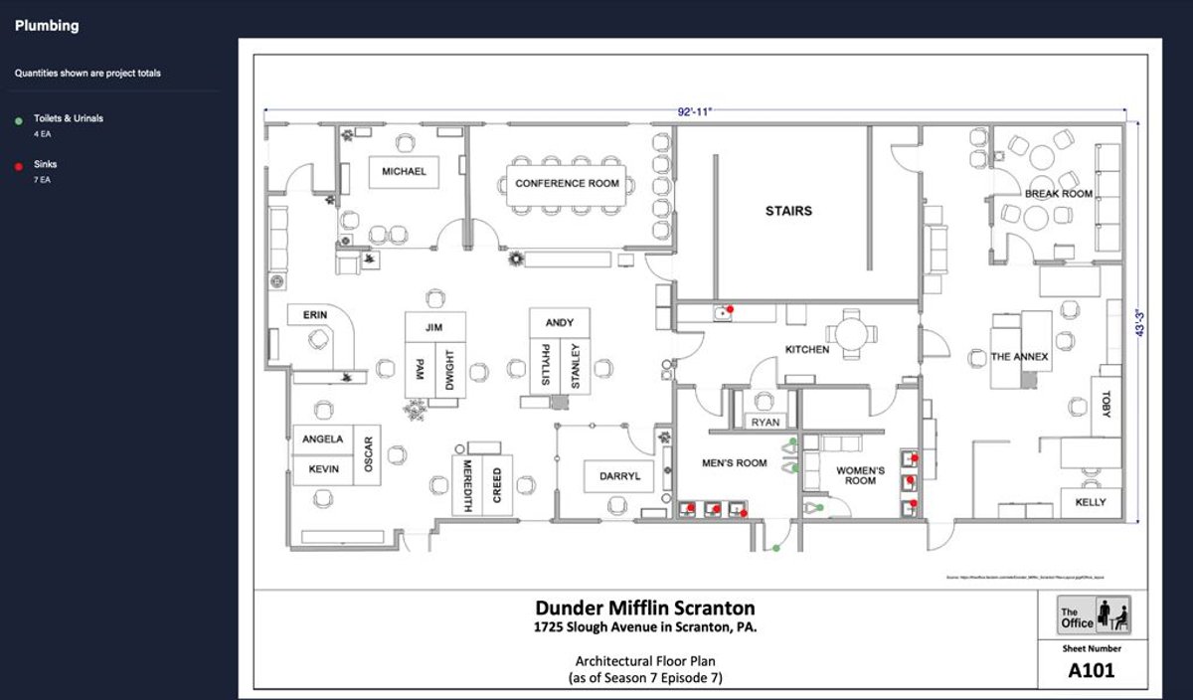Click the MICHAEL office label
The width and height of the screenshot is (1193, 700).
(404, 172)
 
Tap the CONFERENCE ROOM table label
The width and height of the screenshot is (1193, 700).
(567, 184)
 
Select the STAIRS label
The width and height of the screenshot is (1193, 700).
(788, 211)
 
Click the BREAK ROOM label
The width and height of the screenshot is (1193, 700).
(1059, 194)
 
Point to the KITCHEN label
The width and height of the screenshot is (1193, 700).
(807, 350)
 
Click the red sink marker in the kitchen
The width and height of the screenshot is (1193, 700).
(731, 309)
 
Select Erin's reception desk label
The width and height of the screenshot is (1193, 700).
(314, 315)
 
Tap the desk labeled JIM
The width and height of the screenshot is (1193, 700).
(432, 327)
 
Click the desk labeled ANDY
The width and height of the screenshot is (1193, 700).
(560, 323)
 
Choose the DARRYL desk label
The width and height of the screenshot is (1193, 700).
(619, 476)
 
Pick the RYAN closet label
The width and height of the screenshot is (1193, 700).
(766, 423)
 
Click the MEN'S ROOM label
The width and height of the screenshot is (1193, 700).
(735, 462)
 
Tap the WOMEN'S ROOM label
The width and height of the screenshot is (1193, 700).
(860, 475)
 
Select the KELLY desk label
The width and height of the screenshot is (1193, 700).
(1090, 502)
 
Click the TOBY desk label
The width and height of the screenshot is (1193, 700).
(1107, 402)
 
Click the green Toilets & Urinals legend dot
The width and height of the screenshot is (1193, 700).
(19, 120)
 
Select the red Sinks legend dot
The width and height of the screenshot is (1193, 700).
(19, 166)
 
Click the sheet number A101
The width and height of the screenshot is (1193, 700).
(1091, 670)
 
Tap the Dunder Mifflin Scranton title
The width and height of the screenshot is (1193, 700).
(645, 608)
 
